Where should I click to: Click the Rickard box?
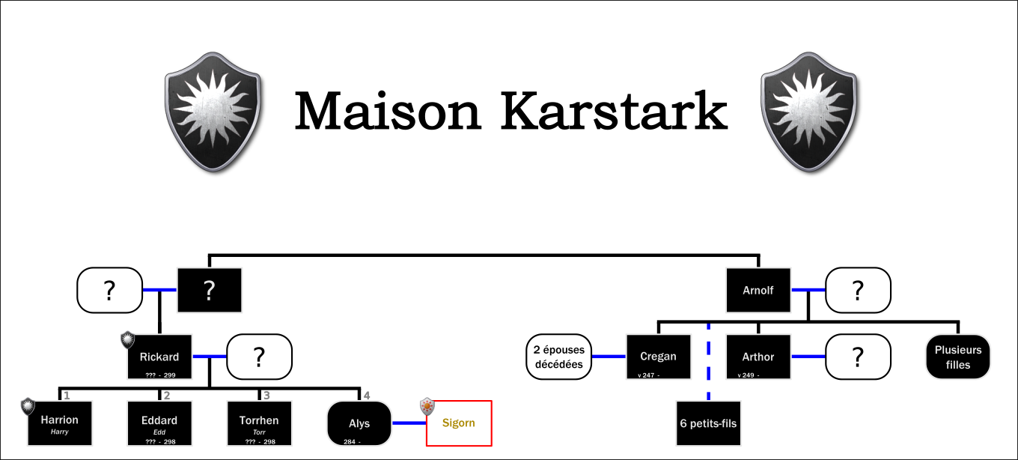click(x=159, y=357)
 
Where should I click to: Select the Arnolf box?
click(x=758, y=290)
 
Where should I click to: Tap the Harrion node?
click(x=60, y=423)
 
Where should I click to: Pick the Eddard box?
click(x=159, y=423)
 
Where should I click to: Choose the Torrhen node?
click(x=259, y=423)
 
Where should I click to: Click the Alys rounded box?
click(x=359, y=423)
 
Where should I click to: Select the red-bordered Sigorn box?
click(x=459, y=423)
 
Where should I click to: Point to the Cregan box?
click(x=659, y=357)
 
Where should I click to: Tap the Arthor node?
click(x=758, y=357)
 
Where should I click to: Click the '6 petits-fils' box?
click(x=709, y=423)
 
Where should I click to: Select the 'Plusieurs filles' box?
click(x=958, y=357)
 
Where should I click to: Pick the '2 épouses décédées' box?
click(x=559, y=357)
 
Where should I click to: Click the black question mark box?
click(x=210, y=290)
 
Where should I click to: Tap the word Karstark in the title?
click(x=614, y=111)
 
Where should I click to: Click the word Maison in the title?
click(x=388, y=111)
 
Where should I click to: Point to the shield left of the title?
click(x=213, y=112)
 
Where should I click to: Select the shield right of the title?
click(x=809, y=112)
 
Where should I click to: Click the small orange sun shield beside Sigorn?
click(x=427, y=406)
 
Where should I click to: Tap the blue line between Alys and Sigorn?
click(x=409, y=423)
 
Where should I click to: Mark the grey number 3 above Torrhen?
click(x=266, y=396)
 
